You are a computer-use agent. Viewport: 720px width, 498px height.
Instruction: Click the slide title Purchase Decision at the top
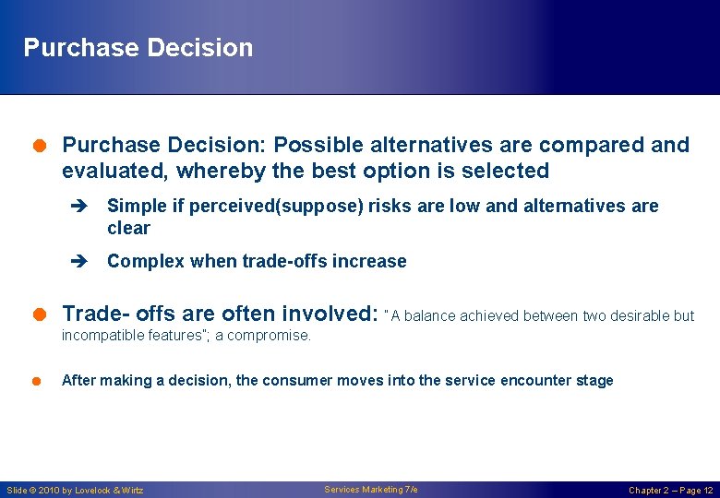[x=138, y=48]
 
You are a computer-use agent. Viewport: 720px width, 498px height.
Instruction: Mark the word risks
[x=391, y=206]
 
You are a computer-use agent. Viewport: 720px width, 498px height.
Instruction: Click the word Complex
[x=146, y=261]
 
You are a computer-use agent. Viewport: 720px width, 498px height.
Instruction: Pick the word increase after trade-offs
[x=371, y=261]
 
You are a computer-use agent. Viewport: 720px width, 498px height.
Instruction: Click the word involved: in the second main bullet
[x=330, y=314]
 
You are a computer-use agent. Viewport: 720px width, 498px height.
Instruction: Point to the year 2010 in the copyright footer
[x=54, y=491]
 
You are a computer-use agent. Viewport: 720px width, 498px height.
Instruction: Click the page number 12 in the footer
[x=707, y=491]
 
